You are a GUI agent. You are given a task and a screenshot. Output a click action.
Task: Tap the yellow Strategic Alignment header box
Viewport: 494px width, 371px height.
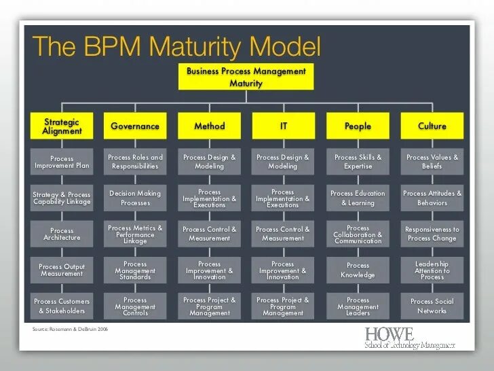[62, 126]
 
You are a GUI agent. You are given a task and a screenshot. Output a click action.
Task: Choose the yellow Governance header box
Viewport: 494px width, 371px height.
[135, 126]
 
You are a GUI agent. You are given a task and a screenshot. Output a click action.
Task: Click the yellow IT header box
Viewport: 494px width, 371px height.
[283, 126]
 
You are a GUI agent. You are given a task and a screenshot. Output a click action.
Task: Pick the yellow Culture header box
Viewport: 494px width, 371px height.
[432, 126]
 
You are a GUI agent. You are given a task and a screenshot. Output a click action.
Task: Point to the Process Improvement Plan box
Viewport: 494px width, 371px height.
[62, 162]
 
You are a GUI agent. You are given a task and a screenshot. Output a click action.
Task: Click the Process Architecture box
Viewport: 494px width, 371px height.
[62, 234]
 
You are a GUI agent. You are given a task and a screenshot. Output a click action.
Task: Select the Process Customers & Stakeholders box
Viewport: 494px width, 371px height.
[62, 306]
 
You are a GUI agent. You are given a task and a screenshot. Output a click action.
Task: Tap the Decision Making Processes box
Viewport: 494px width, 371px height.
[135, 198]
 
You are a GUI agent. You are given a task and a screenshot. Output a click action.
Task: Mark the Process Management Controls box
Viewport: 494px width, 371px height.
[135, 306]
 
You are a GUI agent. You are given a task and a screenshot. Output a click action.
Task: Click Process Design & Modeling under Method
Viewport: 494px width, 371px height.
[209, 162]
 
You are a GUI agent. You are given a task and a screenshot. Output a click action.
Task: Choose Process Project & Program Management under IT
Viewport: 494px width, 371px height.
[283, 306]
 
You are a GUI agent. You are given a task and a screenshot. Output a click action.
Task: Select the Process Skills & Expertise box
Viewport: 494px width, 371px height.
[358, 162]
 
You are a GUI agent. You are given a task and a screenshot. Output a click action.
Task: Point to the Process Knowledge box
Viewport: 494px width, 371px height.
[358, 270]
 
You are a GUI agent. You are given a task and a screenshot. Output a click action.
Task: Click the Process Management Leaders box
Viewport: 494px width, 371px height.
[358, 306]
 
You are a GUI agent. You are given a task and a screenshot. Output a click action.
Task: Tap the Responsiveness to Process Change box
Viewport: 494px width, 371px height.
[432, 234]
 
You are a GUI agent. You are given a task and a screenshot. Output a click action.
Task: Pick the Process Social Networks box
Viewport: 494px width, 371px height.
[432, 306]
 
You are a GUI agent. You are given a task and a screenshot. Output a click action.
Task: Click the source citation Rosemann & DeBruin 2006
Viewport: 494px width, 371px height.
[69, 330]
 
